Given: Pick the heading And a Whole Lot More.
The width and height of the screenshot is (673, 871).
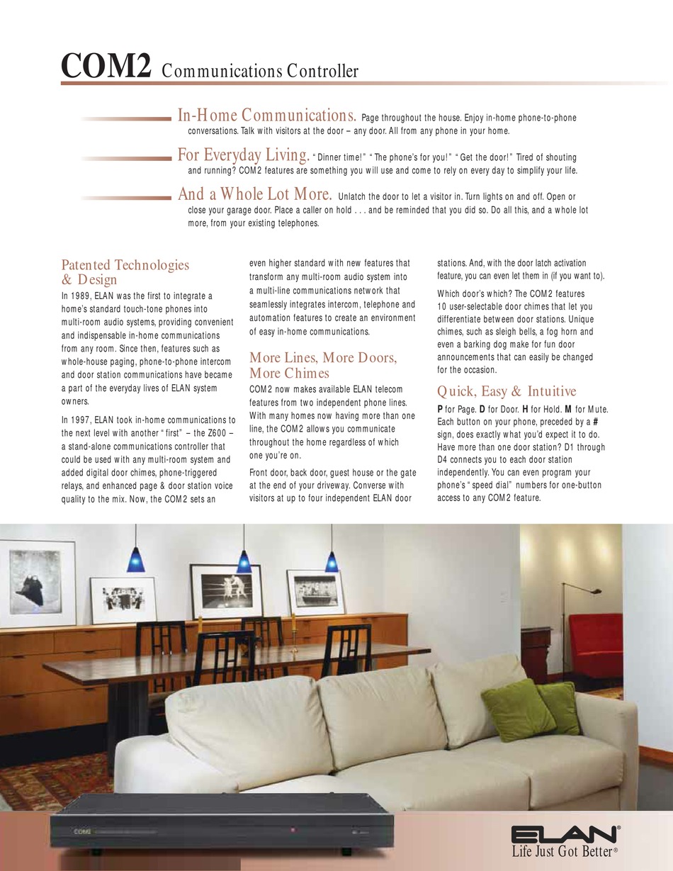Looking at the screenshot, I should click(x=254, y=194).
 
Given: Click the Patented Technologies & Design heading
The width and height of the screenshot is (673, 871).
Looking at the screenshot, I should click(x=125, y=272).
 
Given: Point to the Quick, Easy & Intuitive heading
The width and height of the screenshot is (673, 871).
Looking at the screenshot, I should click(x=507, y=391).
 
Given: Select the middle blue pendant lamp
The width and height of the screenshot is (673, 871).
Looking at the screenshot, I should click(x=244, y=563).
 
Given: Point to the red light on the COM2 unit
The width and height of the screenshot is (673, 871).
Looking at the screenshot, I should click(x=290, y=828).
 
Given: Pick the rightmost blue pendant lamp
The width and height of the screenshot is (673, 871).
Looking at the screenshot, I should click(x=332, y=561).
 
